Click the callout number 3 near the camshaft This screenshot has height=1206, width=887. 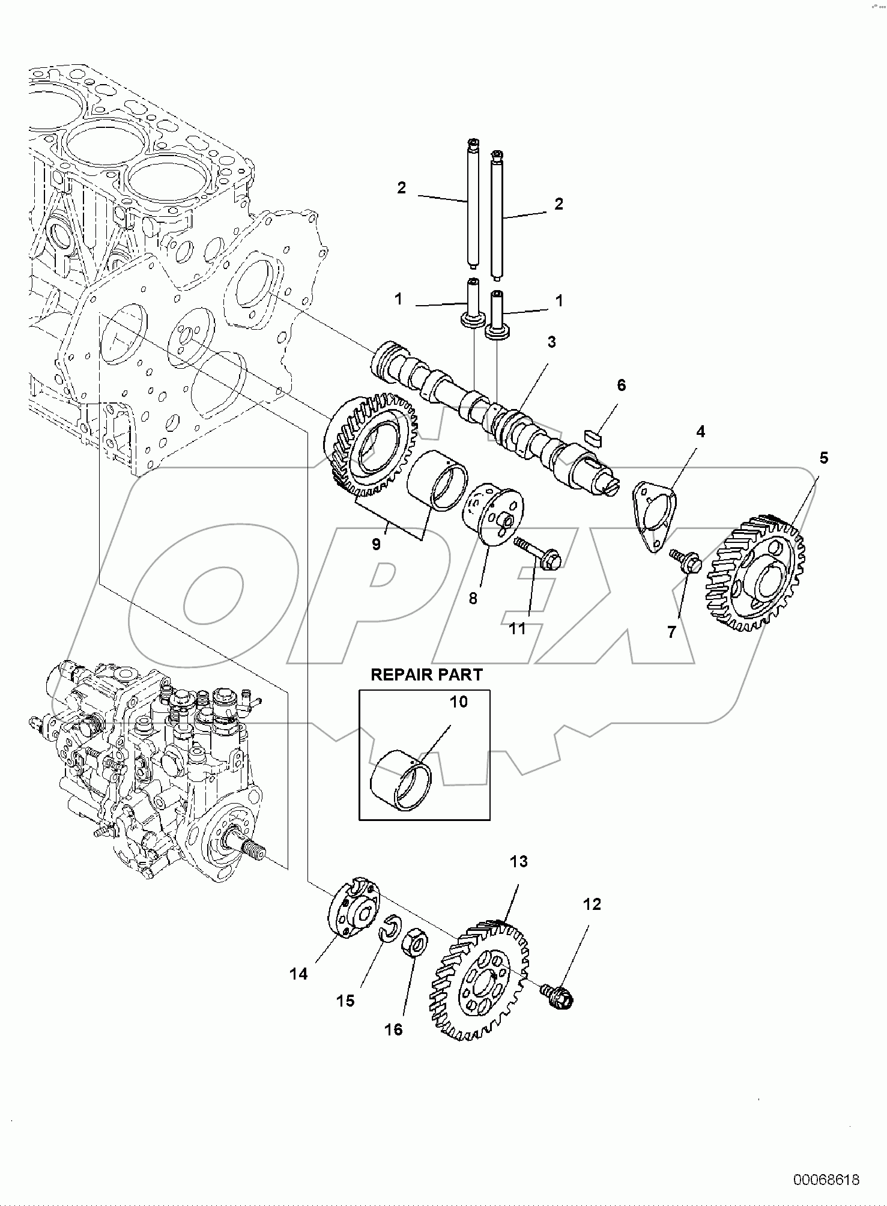[551, 342]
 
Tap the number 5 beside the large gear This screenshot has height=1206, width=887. [823, 458]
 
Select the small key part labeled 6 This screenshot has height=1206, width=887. [593, 436]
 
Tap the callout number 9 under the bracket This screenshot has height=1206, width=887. [376, 544]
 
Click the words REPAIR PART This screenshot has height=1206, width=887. [426, 674]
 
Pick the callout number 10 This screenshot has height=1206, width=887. [458, 701]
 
